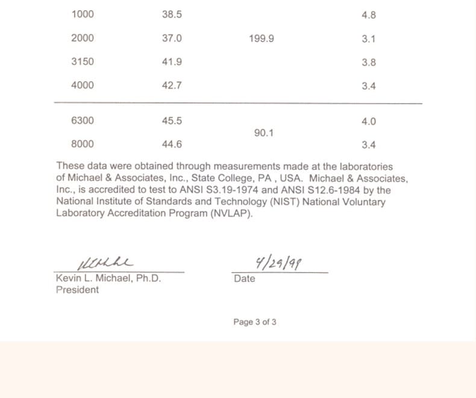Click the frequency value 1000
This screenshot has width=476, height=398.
tap(83, 14)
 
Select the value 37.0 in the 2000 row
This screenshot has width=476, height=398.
tap(172, 38)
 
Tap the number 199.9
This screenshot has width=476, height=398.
tap(261, 39)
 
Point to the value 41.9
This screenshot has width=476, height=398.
tap(172, 62)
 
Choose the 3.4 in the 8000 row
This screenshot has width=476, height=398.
tap(369, 145)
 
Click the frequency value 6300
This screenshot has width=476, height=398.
tap(83, 120)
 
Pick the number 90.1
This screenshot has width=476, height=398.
tap(264, 133)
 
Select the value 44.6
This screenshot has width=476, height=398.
tap(172, 145)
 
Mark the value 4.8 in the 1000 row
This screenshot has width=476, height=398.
tap(369, 15)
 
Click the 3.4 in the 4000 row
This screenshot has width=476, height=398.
tap(369, 86)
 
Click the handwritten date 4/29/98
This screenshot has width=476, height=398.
tap(279, 263)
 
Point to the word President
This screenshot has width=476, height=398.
tap(77, 290)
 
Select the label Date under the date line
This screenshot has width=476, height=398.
tap(244, 279)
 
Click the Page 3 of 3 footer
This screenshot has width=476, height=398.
tap(255, 322)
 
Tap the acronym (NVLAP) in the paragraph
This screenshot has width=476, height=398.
tap(231, 213)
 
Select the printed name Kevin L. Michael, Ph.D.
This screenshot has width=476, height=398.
tap(108, 279)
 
